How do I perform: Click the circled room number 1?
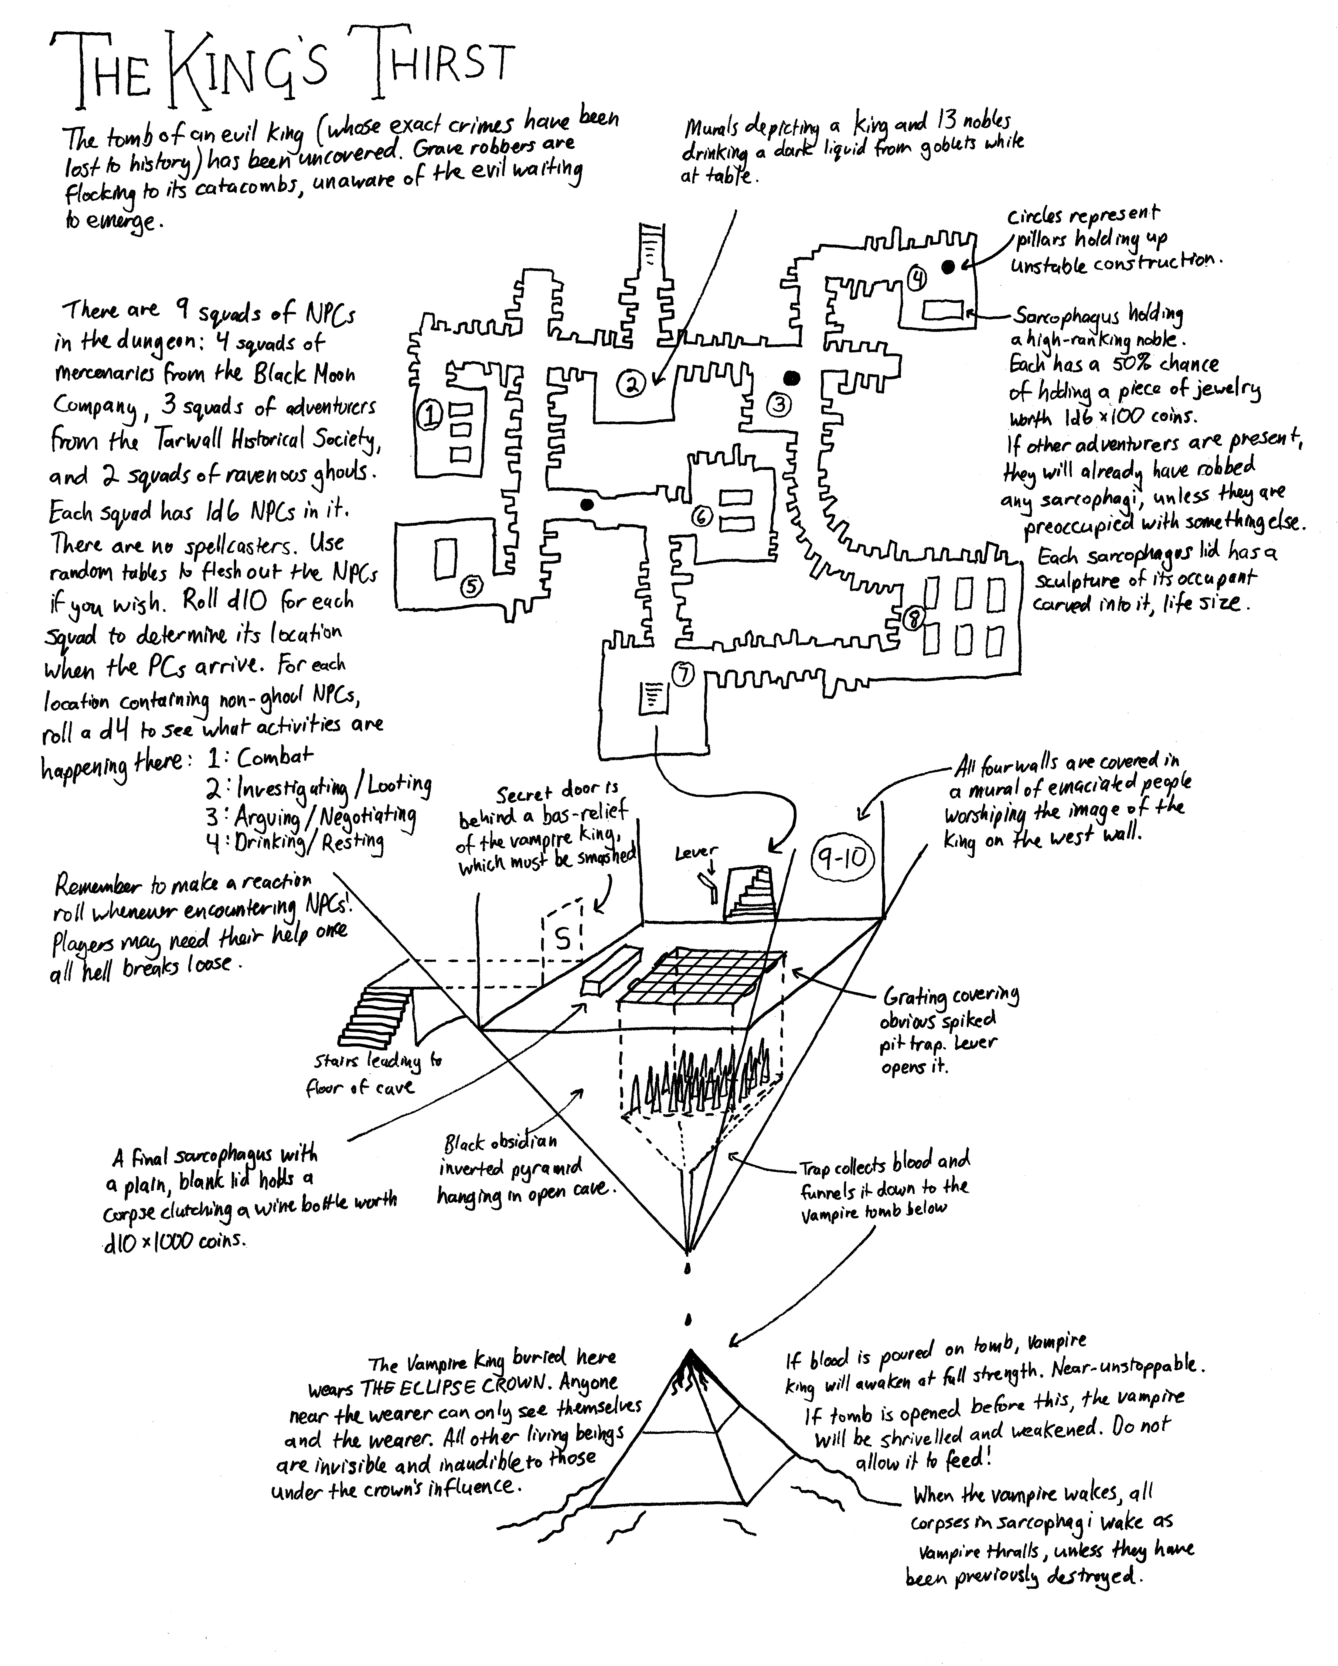tap(427, 416)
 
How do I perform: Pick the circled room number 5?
tap(472, 587)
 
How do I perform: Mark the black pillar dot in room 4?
tap(948, 266)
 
